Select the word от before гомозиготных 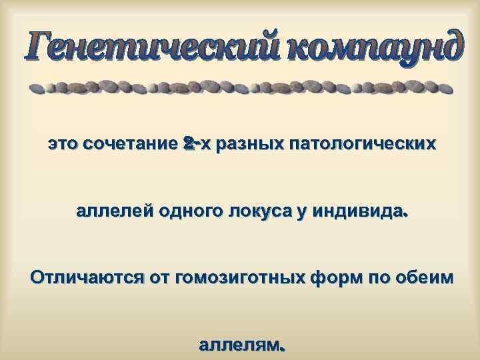pyautogui.click(x=162, y=278)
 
